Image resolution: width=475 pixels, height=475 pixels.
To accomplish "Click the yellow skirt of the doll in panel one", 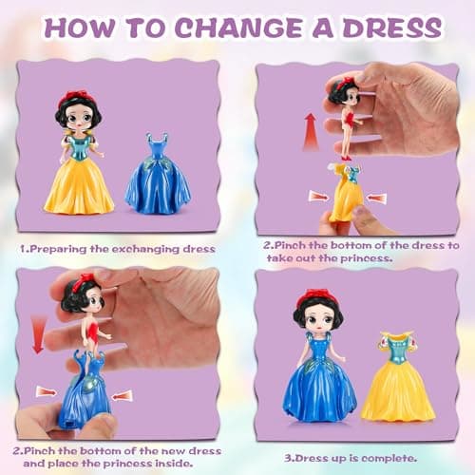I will tap(78, 184).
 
